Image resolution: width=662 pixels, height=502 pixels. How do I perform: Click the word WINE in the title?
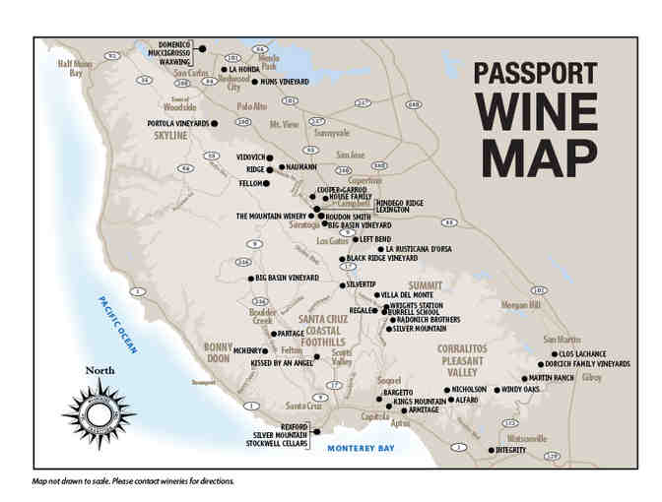(x=533, y=113)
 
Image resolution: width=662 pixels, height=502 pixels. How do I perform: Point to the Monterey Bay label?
(x=361, y=448)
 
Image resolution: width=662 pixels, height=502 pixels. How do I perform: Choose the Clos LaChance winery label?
(x=582, y=353)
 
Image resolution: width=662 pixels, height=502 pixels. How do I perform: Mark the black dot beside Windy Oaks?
(x=496, y=389)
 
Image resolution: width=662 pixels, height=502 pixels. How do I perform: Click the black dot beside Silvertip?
(x=342, y=283)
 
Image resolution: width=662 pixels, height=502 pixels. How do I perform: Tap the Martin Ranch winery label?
(x=552, y=378)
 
